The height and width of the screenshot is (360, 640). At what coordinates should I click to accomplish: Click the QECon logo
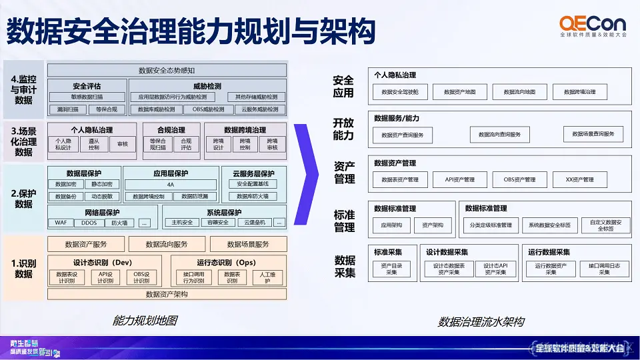593,26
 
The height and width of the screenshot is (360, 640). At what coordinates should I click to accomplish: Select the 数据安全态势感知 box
167,70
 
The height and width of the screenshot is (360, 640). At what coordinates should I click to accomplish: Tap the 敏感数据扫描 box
86,97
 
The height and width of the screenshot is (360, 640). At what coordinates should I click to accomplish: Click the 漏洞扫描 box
69,109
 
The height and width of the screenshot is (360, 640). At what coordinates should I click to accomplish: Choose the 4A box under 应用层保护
171,185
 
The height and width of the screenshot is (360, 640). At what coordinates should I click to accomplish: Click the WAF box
61,223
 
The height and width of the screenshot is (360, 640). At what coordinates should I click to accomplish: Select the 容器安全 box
217,223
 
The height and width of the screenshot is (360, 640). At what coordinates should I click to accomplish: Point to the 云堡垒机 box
253,223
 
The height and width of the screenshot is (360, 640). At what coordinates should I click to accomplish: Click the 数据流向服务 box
167,244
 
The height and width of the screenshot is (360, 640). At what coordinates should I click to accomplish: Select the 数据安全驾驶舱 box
400,92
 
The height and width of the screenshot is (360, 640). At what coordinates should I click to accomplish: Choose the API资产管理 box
459,179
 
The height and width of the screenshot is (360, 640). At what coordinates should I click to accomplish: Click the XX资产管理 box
580,179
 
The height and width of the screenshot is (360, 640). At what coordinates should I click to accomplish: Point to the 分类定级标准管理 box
490,225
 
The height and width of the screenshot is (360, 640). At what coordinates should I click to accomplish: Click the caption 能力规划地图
145,321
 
